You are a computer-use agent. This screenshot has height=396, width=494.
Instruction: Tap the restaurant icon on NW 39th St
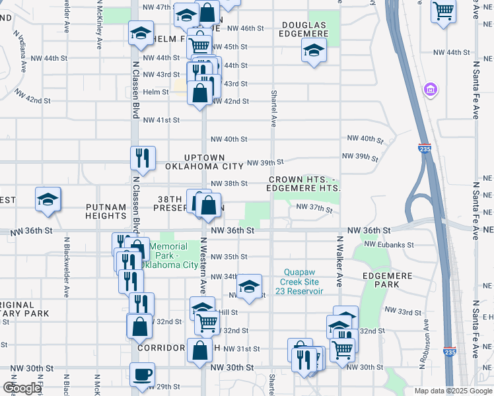pyautogui.click(x=143, y=158)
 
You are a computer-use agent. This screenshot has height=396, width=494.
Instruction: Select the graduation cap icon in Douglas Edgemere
pyautogui.click(x=314, y=49)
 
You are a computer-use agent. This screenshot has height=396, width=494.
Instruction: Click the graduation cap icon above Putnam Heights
pyautogui.click(x=48, y=199)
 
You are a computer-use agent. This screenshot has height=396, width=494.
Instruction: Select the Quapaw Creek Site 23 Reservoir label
pyautogui.click(x=304, y=281)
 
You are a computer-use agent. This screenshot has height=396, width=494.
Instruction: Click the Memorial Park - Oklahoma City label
pyautogui.click(x=174, y=256)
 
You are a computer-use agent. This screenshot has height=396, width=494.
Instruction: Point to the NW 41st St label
pyautogui.click(x=161, y=119)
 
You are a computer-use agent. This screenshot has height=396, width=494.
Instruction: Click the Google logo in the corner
pyautogui.click(x=22, y=388)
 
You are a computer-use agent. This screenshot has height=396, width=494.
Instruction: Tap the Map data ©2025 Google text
pyautogui.click(x=452, y=391)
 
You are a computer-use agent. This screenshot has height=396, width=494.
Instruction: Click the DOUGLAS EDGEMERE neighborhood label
pyautogui.click(x=304, y=30)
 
